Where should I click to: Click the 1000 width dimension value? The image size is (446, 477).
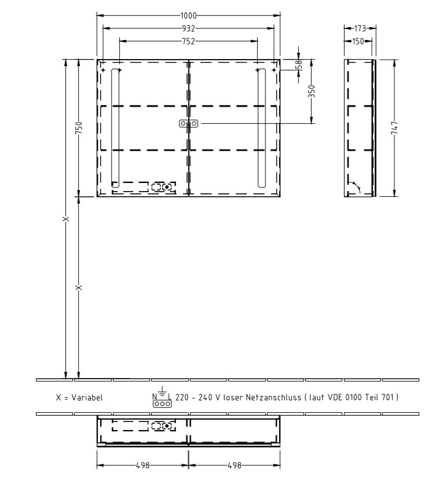[188, 15]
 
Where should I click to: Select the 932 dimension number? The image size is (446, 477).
[188, 28]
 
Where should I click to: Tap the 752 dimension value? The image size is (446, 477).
[188, 41]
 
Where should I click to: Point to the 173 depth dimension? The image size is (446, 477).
[360, 28]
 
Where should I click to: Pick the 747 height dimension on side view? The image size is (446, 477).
[394, 129]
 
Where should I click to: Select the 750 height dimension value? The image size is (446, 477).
[79, 128]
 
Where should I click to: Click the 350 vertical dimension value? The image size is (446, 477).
[312, 91]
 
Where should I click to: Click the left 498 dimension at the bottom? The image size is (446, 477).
[142, 465]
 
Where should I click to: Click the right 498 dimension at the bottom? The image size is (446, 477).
[233, 465]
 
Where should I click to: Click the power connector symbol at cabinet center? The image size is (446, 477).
[188, 123]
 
